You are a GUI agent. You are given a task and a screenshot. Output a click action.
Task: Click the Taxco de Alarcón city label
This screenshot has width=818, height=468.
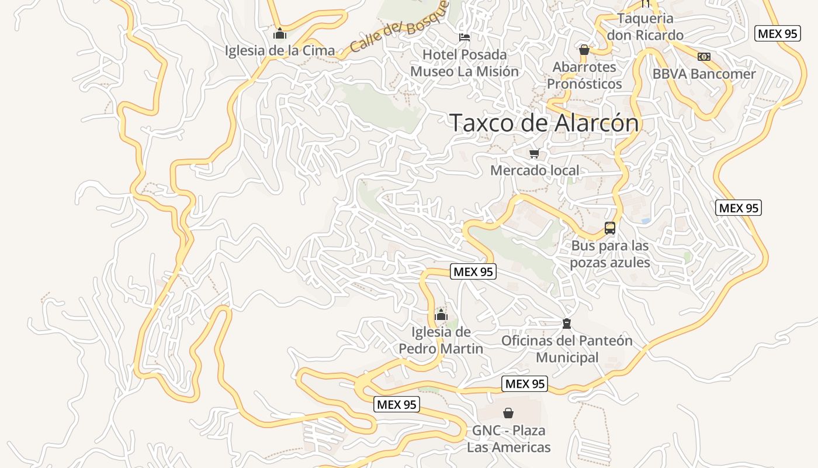pyautogui.click(x=544, y=123)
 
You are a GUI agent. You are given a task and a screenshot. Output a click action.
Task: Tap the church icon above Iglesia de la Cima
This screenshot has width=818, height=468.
pyautogui.click(x=280, y=34)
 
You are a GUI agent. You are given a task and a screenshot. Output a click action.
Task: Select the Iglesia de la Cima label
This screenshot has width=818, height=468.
pyautogui.click(x=280, y=50)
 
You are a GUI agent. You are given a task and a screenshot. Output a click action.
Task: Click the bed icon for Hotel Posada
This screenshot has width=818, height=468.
pyautogui.click(x=465, y=37)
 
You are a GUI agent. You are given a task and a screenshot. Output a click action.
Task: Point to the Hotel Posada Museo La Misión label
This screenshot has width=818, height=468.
pyautogui.click(x=465, y=63)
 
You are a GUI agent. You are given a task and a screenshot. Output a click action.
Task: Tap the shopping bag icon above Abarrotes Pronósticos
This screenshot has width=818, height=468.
pyautogui.click(x=584, y=50)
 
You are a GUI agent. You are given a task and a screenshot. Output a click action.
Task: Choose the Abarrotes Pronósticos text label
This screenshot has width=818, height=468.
pyautogui.click(x=584, y=75)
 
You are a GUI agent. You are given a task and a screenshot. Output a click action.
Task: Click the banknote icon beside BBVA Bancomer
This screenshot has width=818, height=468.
pyautogui.click(x=704, y=57)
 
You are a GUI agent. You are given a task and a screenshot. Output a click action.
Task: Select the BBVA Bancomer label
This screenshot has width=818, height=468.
pyautogui.click(x=704, y=74)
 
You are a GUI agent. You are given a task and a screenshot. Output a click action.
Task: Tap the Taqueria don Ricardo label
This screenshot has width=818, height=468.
pyautogui.click(x=645, y=27)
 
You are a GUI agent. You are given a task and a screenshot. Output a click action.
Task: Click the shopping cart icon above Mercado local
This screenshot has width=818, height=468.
pyautogui.click(x=534, y=154)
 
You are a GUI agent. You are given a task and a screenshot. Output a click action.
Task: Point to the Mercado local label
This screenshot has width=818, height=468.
pyautogui.click(x=535, y=171)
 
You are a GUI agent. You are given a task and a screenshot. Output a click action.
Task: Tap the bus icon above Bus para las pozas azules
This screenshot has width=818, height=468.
pyautogui.click(x=610, y=228)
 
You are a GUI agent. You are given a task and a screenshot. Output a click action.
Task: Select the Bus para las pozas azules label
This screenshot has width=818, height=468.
pyautogui.click(x=610, y=254)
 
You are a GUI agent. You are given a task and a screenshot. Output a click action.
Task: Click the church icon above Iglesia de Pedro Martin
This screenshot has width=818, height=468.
pyautogui.click(x=441, y=315)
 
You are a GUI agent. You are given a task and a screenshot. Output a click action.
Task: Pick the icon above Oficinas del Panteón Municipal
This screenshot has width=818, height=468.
pyautogui.click(x=566, y=324)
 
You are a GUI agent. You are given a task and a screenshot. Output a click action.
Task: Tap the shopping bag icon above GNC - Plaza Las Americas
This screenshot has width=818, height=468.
pyautogui.click(x=508, y=414)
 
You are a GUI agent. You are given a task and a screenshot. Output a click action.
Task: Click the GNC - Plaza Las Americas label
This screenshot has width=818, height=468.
pyautogui.click(x=508, y=439)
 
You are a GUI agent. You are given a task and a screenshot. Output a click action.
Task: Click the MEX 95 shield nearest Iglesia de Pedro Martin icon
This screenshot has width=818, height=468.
pyautogui.click(x=473, y=271)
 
